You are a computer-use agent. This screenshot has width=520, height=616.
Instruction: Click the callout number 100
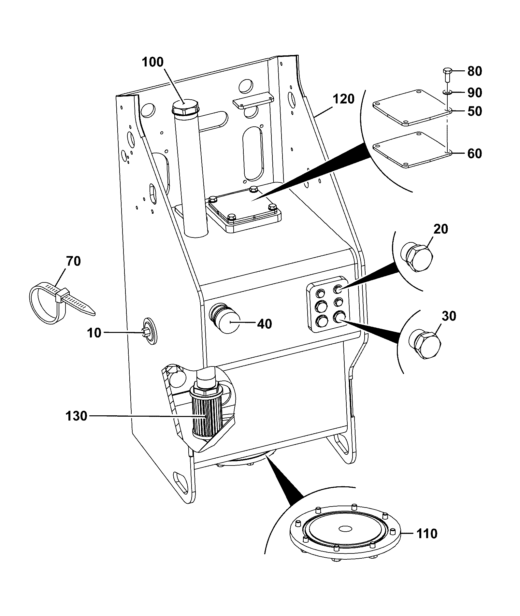coord(153,62)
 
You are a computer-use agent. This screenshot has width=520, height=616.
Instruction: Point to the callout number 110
coord(427,534)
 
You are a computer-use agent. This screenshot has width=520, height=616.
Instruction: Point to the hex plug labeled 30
coord(425,345)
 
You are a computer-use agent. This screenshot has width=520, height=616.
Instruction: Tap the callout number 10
coord(94,333)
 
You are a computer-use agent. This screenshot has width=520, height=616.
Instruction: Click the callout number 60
coord(474,153)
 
